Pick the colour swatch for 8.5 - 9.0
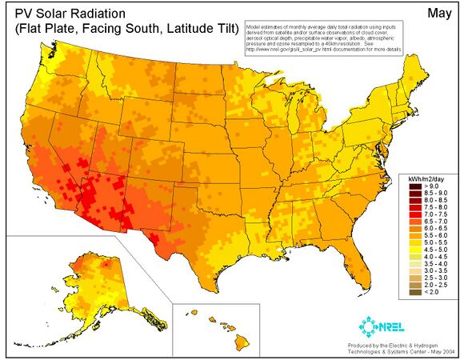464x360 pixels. [x=408, y=194]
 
